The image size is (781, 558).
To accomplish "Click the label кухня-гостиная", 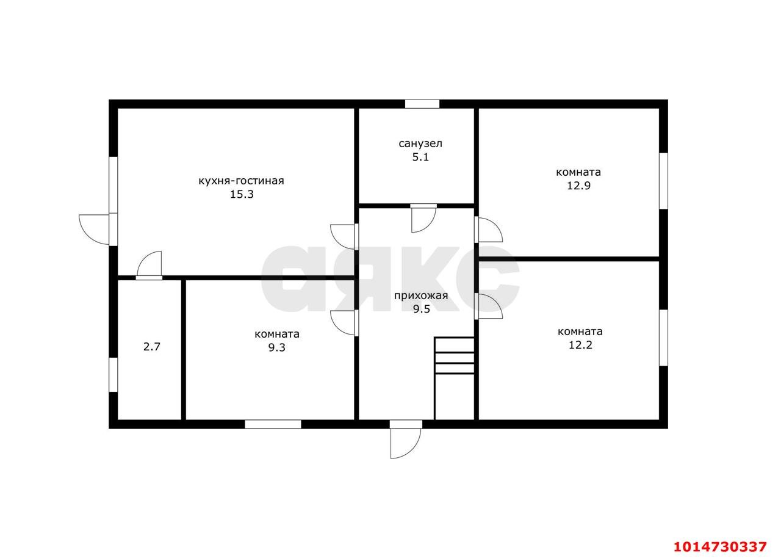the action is click(x=241, y=181).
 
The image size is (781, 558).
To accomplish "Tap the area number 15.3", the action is click(x=242, y=194).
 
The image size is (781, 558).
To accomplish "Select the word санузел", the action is click(x=420, y=143).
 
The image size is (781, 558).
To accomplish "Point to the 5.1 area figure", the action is click(x=420, y=158).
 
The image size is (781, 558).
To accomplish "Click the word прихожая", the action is click(x=421, y=295).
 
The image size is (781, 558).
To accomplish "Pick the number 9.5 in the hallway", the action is click(x=421, y=310).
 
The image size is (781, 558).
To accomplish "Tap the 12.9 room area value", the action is click(x=578, y=186).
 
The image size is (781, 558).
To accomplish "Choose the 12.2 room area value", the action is click(x=580, y=346).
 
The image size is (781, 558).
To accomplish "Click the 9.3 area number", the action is click(x=276, y=348).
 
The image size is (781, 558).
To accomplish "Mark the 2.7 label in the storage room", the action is click(x=152, y=347).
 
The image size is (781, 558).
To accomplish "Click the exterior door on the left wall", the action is click(x=98, y=230).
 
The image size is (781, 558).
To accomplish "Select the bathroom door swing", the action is click(x=423, y=219).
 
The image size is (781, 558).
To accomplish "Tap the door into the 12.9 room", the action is click(x=488, y=230).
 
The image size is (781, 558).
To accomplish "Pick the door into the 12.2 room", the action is click(x=488, y=306).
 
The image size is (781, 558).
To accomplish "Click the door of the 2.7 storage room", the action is click(x=149, y=266).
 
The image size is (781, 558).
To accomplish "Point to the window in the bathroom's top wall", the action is click(x=422, y=104).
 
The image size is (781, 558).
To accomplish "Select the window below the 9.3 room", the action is click(x=273, y=424).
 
